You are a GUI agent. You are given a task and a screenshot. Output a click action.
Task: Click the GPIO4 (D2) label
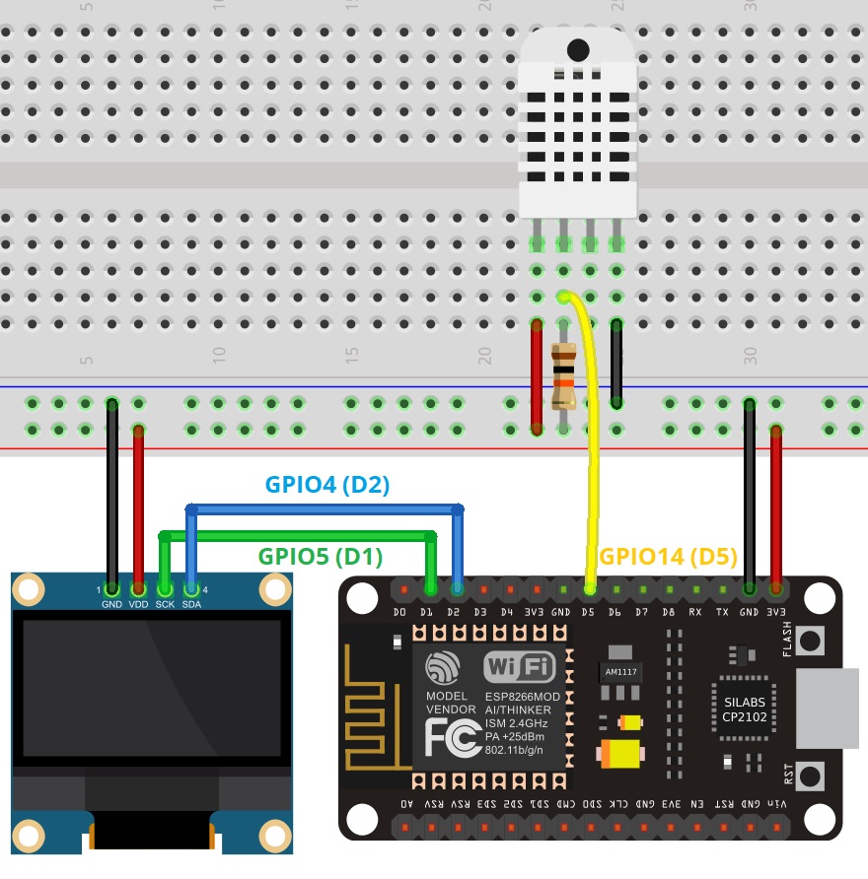(x=328, y=485)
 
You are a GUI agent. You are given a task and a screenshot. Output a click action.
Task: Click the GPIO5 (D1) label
(x=321, y=556)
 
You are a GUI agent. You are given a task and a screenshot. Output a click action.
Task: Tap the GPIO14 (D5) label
(x=669, y=556)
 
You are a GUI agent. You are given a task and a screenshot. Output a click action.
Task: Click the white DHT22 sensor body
(x=576, y=123)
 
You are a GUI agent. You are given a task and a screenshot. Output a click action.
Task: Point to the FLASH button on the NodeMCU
(x=811, y=642)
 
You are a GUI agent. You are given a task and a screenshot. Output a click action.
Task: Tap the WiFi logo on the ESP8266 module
(x=520, y=667)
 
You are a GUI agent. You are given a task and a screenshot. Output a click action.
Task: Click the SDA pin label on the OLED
(x=191, y=604)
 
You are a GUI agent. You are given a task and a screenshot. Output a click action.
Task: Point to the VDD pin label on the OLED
(x=138, y=604)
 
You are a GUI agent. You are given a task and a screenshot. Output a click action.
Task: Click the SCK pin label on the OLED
(x=165, y=604)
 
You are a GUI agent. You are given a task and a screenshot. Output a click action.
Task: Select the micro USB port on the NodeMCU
(x=830, y=709)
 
